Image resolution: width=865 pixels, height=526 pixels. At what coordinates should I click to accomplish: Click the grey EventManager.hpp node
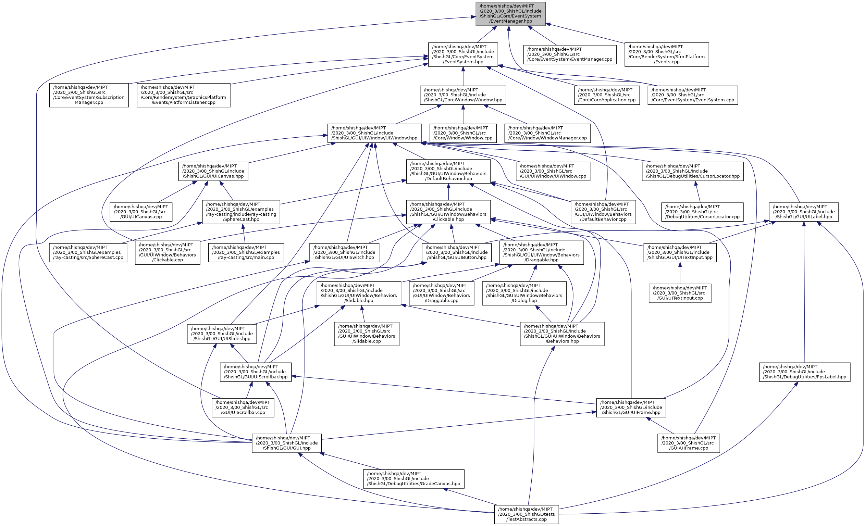510,14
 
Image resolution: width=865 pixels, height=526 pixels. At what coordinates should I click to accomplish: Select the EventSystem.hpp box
463,54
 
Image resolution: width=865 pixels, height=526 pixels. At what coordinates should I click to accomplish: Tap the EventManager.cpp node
569,54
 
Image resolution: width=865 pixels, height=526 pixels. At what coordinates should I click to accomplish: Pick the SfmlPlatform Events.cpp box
666,54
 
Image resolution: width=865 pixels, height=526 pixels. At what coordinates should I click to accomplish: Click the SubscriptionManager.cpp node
89,95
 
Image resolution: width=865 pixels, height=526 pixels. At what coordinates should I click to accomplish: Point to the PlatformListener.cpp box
183,95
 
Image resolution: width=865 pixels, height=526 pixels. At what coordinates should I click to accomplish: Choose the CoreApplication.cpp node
607,95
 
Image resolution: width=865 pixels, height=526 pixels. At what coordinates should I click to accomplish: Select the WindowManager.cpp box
547,133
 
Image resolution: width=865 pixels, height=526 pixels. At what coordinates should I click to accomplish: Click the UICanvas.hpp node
213,171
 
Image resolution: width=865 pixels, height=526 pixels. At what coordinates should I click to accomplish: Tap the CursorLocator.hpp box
692,171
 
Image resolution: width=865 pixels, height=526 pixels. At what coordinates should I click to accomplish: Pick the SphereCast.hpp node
241,212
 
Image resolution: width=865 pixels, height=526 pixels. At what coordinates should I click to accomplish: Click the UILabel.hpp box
804,212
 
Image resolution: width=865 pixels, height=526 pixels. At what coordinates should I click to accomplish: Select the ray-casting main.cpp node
246,253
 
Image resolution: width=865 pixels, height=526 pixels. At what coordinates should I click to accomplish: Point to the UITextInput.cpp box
680,293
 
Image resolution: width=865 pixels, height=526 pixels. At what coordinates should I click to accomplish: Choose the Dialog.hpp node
524,293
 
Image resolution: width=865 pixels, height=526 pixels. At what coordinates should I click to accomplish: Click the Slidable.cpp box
367,334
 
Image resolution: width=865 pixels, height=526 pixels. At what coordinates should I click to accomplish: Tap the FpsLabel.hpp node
804,372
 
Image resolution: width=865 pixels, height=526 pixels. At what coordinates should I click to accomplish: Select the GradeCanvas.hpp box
413,479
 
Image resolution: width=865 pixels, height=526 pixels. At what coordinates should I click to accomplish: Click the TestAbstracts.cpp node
526,514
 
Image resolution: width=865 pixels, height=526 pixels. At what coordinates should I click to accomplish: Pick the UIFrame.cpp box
689,443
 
